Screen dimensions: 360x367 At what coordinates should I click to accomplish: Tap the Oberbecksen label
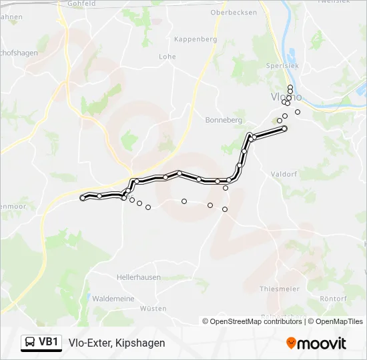pyautogui.click(x=233, y=13)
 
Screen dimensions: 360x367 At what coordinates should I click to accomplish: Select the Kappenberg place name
pyautogui.click(x=195, y=39)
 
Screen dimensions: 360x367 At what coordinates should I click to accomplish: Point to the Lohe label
pyautogui.click(x=167, y=57)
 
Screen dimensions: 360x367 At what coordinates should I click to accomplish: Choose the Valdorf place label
pyautogui.click(x=283, y=174)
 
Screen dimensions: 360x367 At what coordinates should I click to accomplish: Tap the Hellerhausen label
pyautogui.click(x=138, y=276)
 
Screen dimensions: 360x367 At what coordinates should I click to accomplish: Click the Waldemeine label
pyautogui.click(x=113, y=299)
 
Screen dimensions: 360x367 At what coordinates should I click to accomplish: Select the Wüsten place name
pyautogui.click(x=153, y=309)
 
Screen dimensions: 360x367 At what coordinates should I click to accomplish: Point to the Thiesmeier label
pyautogui.click(x=279, y=289)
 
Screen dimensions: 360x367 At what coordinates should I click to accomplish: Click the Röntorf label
pyautogui.click(x=334, y=298)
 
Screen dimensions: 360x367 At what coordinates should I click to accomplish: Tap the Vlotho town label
pyautogui.click(x=286, y=97)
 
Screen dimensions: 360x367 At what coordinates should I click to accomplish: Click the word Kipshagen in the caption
pyautogui.click(x=139, y=343)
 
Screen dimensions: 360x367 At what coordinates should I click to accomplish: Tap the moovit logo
pyautogui.click(x=316, y=343)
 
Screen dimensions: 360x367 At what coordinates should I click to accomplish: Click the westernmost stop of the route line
pyautogui.click(x=83, y=197)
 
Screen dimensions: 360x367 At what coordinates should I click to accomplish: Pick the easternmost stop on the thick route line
pyautogui.click(x=284, y=128)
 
